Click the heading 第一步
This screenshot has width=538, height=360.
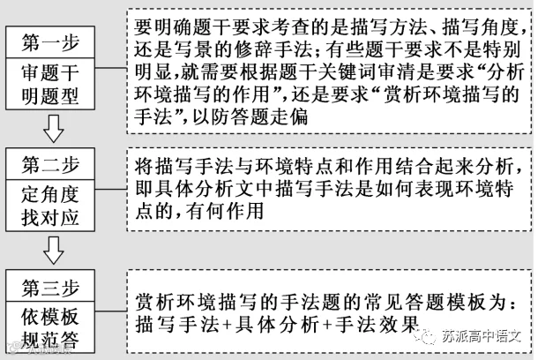pyautogui.click(x=50, y=42)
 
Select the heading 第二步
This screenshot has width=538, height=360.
pyautogui.click(x=50, y=164)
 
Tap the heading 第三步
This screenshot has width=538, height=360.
pyautogui.click(x=50, y=287)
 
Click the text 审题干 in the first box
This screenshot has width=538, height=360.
pyautogui.click(x=50, y=72)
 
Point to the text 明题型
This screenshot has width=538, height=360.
pyautogui.click(x=50, y=95)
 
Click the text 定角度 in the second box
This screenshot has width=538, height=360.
pyautogui.click(x=50, y=194)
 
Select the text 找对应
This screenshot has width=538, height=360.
pyautogui.click(x=50, y=217)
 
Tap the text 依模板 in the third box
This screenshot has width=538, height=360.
pyautogui.click(x=50, y=317)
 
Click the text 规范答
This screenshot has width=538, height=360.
pyautogui.click(x=50, y=340)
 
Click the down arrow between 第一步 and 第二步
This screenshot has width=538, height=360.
pyautogui.click(x=54, y=129)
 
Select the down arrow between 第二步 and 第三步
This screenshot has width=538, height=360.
pyautogui.click(x=54, y=251)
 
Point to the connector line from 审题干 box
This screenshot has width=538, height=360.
pyautogui.click(x=111, y=68)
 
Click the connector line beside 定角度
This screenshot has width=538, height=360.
pyautogui.click(x=111, y=189)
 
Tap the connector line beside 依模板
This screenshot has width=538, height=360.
pyautogui.click(x=111, y=311)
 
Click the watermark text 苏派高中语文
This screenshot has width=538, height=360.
pyautogui.click(x=481, y=336)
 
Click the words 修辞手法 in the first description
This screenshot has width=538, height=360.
pyautogui.click(x=273, y=49)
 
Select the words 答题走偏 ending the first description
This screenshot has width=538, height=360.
pyautogui.click(x=269, y=116)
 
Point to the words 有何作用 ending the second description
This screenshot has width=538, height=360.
pyautogui.click(x=225, y=211)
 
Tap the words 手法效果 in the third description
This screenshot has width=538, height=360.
pyautogui.click(x=377, y=324)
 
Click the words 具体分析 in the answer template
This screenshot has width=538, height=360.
pyautogui.click(x=277, y=324)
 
